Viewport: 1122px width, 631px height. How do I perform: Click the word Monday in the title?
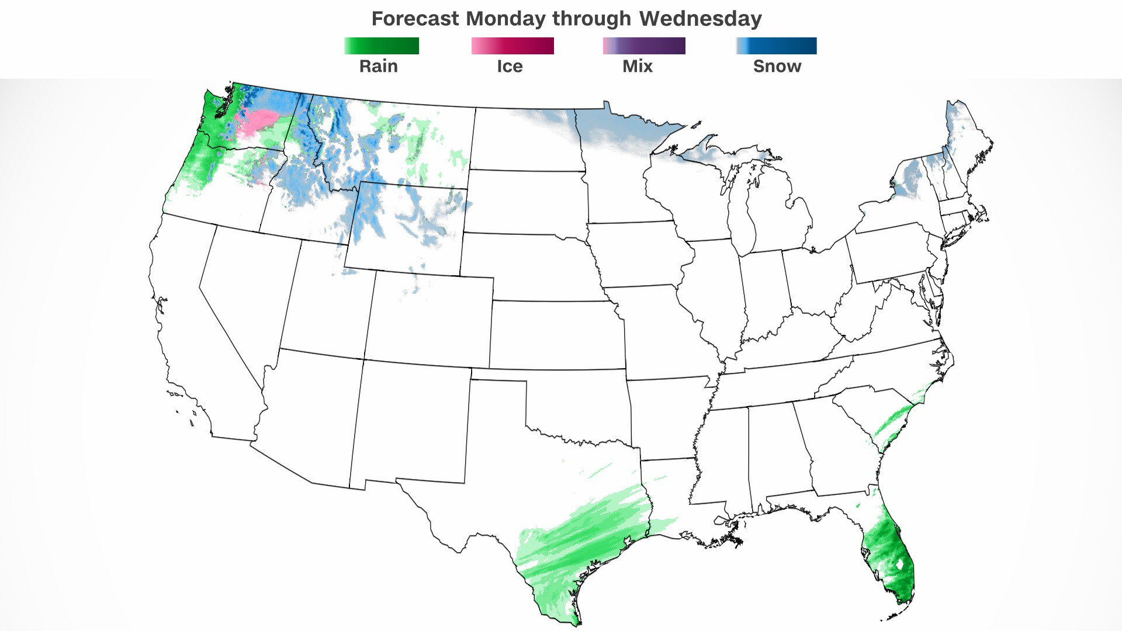pyautogui.click(x=506, y=19)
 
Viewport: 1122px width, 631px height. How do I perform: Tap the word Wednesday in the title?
pyautogui.click(x=700, y=19)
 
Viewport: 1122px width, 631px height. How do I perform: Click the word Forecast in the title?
pyautogui.click(x=415, y=19)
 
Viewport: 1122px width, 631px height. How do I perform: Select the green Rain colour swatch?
pyautogui.click(x=382, y=46)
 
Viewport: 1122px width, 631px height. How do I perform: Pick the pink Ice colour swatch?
pyautogui.click(x=512, y=46)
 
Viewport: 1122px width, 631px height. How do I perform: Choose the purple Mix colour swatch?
pyautogui.click(x=644, y=46)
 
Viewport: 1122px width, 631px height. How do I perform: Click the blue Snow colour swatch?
pyautogui.click(x=776, y=46)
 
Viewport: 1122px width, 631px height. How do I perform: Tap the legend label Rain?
pyautogui.click(x=379, y=66)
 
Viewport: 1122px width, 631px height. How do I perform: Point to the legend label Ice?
pyautogui.click(x=510, y=66)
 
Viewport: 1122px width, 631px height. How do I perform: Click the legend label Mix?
pyautogui.click(x=638, y=66)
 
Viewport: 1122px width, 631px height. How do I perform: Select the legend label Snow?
pyautogui.click(x=777, y=66)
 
